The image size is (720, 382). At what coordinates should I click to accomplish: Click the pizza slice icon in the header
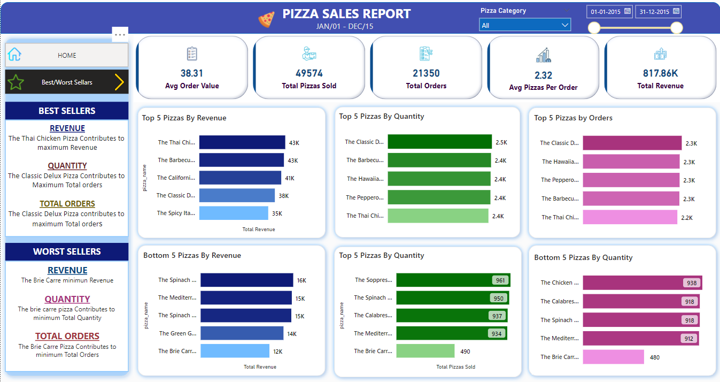[x=266, y=19]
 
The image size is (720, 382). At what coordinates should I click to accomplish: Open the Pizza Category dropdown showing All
[x=524, y=25]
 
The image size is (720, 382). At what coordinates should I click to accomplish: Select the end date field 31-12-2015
[x=658, y=11]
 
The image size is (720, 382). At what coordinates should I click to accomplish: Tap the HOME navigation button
[x=67, y=55]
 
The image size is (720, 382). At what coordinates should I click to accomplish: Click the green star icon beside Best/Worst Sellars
[x=16, y=82]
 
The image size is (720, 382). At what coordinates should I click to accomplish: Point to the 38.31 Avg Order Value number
[x=191, y=73]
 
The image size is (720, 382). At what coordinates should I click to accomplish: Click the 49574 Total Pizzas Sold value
[x=309, y=73]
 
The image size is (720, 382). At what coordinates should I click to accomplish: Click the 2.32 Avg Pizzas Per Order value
[x=543, y=75]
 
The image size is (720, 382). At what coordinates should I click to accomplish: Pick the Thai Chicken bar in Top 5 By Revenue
[x=242, y=142]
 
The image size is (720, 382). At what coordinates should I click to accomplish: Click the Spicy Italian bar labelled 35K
[x=234, y=213]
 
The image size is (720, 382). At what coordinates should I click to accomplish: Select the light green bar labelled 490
[x=425, y=351]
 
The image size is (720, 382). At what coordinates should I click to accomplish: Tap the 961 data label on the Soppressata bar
[x=500, y=280]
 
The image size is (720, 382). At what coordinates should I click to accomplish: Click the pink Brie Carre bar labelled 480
[x=613, y=357]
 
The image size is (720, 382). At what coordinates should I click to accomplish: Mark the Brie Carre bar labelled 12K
[x=234, y=351]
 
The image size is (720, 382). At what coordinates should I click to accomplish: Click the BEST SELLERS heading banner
[x=67, y=111]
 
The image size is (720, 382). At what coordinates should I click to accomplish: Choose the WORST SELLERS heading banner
[x=67, y=251]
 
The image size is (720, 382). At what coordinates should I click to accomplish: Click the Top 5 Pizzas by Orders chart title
[x=573, y=118]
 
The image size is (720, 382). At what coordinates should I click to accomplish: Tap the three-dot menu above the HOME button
[x=120, y=34]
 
